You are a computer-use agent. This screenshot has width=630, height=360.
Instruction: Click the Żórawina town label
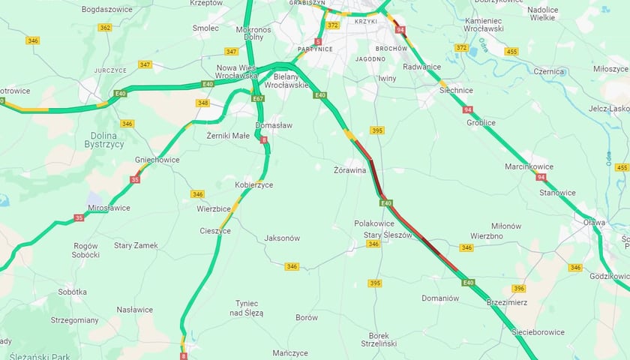(349, 170)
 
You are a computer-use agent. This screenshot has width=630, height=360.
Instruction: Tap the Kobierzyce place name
(253, 184)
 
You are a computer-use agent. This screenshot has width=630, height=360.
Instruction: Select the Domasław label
(274, 125)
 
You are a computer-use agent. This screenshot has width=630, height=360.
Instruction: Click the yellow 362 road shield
(105, 27)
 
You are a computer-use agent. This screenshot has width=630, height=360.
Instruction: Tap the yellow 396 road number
(518, 288)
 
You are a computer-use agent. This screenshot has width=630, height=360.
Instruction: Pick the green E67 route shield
(258, 98)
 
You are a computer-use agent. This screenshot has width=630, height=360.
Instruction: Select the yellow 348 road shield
(202, 103)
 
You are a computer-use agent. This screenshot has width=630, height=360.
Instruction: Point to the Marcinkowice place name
(529, 166)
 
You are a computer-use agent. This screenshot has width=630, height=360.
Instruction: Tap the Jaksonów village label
(282, 238)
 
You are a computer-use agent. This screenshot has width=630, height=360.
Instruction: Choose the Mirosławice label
(109, 208)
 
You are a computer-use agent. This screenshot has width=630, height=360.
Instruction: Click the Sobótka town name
(72, 292)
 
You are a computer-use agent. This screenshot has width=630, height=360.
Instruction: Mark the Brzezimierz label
(508, 302)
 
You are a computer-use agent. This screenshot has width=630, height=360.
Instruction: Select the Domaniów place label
(440, 298)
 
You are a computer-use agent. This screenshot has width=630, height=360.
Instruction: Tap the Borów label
(307, 317)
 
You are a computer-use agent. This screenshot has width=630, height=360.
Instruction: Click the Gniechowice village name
(157, 160)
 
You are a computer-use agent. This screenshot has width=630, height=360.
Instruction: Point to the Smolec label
(205, 28)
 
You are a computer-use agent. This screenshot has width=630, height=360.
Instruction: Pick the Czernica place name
(548, 71)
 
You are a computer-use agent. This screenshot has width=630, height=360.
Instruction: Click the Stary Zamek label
(136, 245)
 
